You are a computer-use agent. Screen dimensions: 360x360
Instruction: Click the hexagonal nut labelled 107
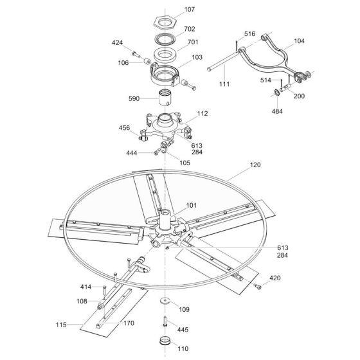coord(165,22)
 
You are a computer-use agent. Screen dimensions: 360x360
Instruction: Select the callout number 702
coord(190,29)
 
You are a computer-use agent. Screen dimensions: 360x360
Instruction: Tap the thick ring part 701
coord(165,55)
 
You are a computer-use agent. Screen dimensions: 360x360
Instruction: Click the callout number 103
coord(197,57)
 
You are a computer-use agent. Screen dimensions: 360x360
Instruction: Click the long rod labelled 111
coord(222,61)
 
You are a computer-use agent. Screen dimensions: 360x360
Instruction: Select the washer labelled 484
coord(276,93)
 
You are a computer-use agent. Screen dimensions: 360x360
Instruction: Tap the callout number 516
coord(249,33)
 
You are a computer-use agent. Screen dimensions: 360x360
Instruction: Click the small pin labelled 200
coord(286,87)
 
